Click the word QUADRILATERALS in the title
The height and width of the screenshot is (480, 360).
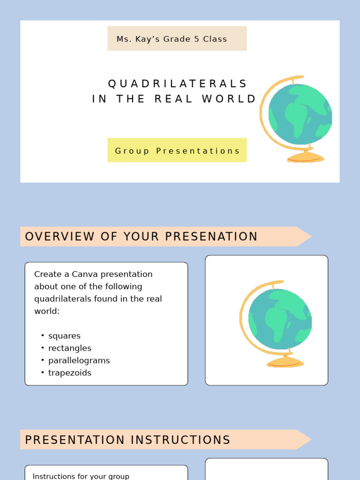tap(177, 84)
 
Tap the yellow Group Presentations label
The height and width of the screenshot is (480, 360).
tap(177, 150)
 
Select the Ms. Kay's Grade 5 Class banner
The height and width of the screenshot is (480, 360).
tap(177, 39)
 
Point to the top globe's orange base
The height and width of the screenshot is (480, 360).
tap(305, 157)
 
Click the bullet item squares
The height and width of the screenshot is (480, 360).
tap(64, 336)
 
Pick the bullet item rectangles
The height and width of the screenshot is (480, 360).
tap(69, 348)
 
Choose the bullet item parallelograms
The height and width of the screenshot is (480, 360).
tap(79, 360)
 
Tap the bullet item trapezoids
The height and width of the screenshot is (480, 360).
tap(69, 373)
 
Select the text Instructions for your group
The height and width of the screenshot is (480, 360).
tap(81, 476)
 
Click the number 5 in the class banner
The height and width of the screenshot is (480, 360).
tap(197, 39)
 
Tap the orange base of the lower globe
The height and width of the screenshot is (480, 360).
tap(285, 362)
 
